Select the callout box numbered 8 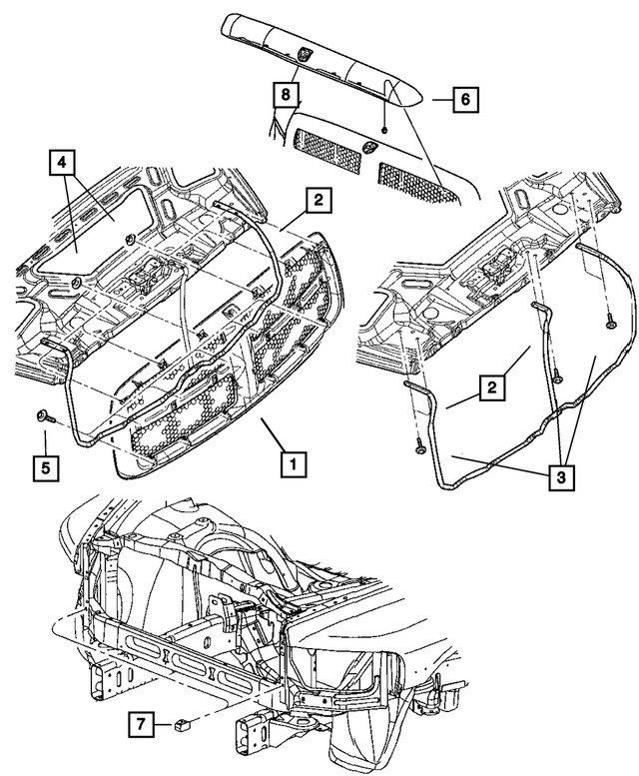(286, 94)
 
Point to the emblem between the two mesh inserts (368, 150)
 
